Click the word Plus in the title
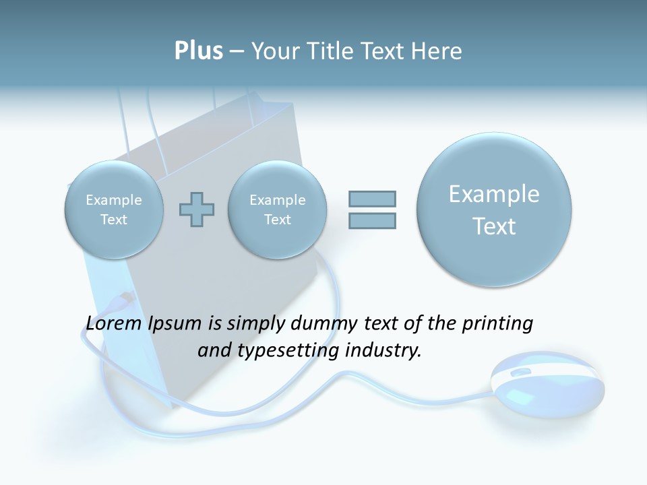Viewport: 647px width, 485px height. tap(198, 51)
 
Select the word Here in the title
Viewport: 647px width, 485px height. tap(437, 51)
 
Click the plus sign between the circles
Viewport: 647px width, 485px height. tap(197, 209)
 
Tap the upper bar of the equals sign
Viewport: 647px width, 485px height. tap(372, 198)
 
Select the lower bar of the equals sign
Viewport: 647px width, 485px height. tap(372, 220)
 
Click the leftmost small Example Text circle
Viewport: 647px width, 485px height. tap(114, 209)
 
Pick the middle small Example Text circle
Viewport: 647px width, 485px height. tap(278, 209)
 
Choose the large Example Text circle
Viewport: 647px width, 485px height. tap(494, 209)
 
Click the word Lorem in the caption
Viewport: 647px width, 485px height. tap(114, 323)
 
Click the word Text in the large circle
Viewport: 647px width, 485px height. tap(494, 226)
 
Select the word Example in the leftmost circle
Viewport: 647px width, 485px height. tap(114, 200)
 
